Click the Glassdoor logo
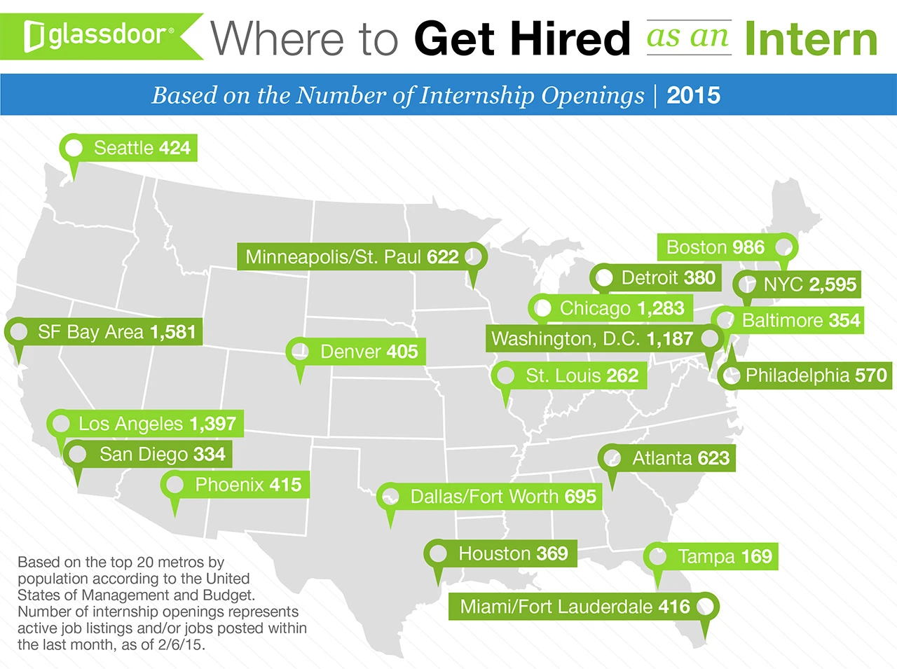(x=98, y=35)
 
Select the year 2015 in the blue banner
(x=693, y=95)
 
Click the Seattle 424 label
(x=142, y=148)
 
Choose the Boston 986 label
(x=715, y=247)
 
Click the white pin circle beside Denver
(x=300, y=350)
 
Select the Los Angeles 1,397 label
(x=157, y=424)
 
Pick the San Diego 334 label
(x=162, y=455)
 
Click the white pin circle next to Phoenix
(x=174, y=484)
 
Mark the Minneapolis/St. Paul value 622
(x=442, y=257)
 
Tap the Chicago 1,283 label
(x=622, y=308)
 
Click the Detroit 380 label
(x=668, y=278)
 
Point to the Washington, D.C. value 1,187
(x=669, y=339)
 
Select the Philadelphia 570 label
(x=816, y=375)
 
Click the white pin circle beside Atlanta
(x=612, y=458)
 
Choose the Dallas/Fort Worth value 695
(x=580, y=497)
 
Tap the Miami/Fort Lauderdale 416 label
(x=575, y=607)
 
